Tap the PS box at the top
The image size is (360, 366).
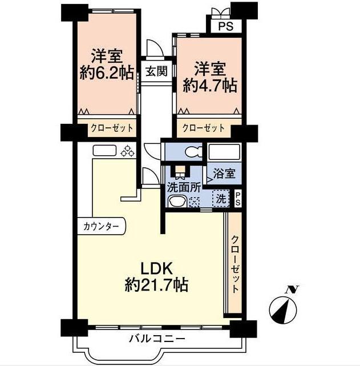coord(221,25)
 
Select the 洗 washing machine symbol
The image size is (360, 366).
coord(219,199)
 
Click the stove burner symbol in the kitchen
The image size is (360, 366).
coord(128,151)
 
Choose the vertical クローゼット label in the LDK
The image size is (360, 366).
coord(235,264)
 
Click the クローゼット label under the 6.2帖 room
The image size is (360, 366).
coord(111,128)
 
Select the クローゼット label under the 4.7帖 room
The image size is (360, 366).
coord(204,128)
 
